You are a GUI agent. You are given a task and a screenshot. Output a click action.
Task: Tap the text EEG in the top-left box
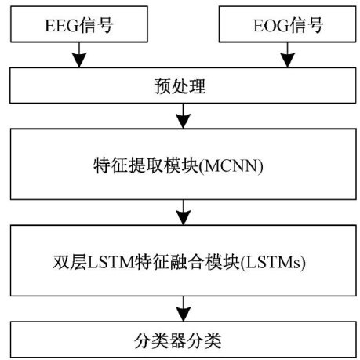click(62, 25)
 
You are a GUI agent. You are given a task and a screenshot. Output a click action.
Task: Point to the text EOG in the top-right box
click(271, 25)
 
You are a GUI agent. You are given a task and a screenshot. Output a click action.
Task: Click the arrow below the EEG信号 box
click(79, 55)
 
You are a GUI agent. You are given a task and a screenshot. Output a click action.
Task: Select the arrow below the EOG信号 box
click(287, 55)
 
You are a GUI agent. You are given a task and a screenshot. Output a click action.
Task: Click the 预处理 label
click(180, 86)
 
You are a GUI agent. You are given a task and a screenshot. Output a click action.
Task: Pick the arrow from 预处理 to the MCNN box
click(183, 116)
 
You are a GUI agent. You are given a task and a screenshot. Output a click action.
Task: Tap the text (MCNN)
click(231, 166)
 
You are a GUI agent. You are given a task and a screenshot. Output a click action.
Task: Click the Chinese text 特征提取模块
click(146, 165)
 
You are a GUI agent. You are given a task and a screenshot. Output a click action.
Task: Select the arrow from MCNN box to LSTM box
click(183, 213)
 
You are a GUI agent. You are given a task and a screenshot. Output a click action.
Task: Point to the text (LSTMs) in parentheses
click(273, 263)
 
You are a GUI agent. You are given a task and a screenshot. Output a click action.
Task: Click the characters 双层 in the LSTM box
click(70, 262)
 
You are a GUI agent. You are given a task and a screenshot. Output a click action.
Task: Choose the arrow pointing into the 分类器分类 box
click(183, 309)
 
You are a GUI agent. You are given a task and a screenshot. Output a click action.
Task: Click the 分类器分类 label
click(178, 340)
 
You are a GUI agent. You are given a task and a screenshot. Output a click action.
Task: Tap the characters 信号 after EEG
click(96, 25)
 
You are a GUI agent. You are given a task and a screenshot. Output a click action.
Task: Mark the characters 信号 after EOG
click(306, 25)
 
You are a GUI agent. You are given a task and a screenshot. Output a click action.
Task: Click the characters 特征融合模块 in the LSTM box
click(187, 262)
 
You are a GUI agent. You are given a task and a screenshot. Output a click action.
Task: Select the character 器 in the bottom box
click(178, 340)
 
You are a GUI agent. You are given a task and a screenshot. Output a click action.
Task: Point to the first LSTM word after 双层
click(111, 263)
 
